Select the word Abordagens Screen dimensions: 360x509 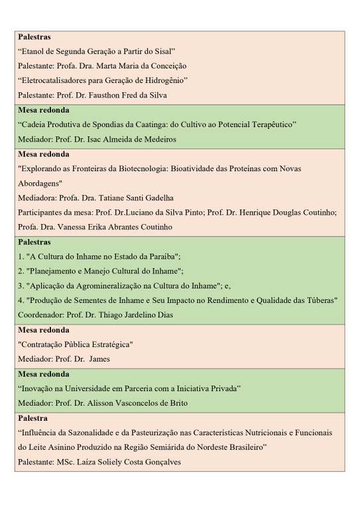click(x=38, y=183)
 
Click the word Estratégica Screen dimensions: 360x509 click(x=110, y=345)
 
